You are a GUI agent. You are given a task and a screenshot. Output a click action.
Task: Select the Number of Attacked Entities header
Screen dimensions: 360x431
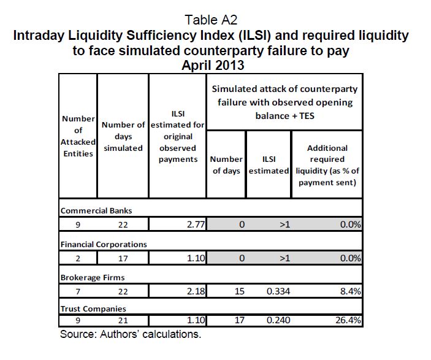78,136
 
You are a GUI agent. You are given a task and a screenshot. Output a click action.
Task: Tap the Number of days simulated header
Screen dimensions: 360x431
123,136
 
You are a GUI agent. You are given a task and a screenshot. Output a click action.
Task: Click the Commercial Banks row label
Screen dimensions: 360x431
96,210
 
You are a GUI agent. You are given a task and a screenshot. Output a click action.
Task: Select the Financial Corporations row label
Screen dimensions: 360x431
104,244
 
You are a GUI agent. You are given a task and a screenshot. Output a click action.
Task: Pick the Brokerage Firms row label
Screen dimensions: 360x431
92,277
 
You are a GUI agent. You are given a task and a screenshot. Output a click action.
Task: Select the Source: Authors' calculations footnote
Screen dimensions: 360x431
131,335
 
